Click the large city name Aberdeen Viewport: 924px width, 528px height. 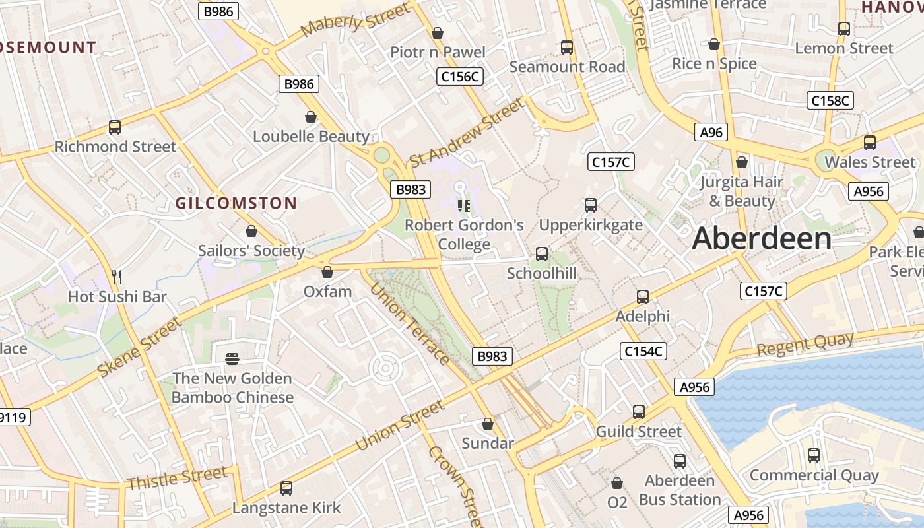tap(762, 238)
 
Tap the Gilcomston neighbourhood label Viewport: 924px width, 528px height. tap(236, 203)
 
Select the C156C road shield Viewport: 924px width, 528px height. tap(460, 77)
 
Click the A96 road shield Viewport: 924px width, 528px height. tap(711, 132)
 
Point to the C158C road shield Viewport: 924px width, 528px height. tap(830, 100)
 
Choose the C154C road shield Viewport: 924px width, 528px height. tap(644, 351)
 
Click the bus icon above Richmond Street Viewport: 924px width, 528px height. tap(115, 127)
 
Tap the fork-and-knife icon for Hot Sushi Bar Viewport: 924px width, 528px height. tap(117, 277)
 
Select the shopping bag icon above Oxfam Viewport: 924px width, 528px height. tap(327, 271)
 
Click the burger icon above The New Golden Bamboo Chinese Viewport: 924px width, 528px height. tap(232, 358)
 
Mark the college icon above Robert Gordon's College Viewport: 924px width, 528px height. tap(463, 205)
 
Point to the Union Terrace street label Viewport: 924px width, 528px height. tap(409, 323)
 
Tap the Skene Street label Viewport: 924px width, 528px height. tap(139, 347)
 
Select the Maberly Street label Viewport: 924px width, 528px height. tap(355, 19)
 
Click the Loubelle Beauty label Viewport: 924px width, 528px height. tap(311, 137)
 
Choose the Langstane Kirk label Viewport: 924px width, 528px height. tap(286, 508)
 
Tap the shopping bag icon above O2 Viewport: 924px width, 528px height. tap(617, 483)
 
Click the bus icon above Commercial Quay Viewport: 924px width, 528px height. tap(814, 455)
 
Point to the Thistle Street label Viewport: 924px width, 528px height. tap(177, 478)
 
